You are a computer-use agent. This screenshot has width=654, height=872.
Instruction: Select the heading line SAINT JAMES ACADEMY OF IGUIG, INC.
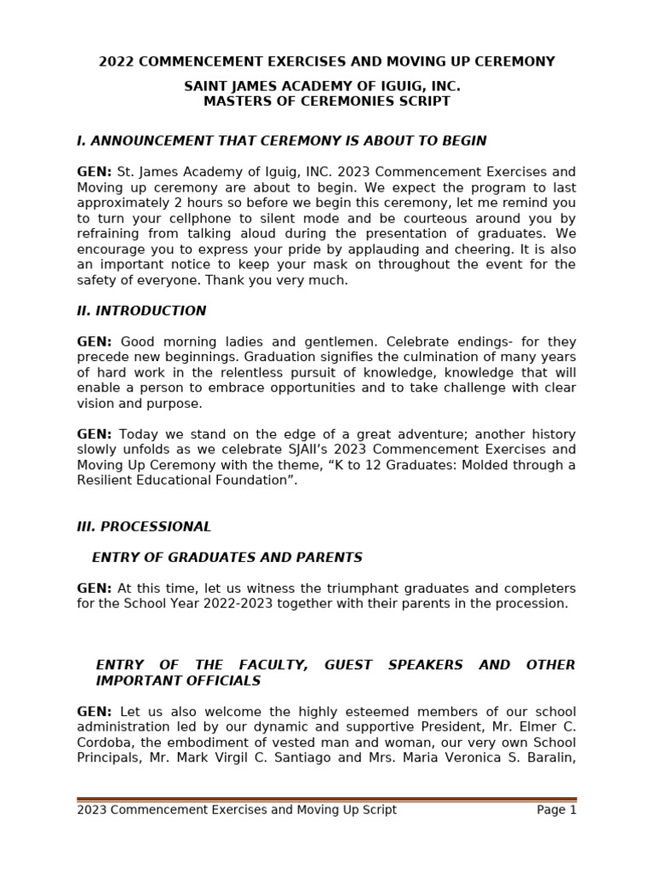[x=323, y=87]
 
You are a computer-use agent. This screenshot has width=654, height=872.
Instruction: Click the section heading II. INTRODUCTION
[x=141, y=312]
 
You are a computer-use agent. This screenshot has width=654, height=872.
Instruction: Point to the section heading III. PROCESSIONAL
[x=144, y=527]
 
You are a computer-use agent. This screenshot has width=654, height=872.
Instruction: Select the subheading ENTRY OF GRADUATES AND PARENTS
[x=227, y=558]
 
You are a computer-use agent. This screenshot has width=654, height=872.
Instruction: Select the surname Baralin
[x=544, y=758]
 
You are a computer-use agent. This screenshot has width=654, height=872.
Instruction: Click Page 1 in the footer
[x=556, y=810]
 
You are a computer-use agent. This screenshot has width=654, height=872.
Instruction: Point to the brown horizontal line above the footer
[x=326, y=799]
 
